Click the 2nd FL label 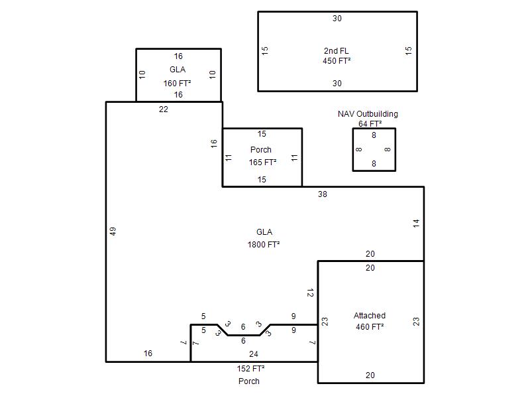(x=336, y=51)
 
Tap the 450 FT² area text (x=337, y=61)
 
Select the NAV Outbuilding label (x=368, y=114)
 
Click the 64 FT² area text (x=370, y=124)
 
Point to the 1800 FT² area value (x=264, y=244)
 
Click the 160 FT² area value (x=177, y=84)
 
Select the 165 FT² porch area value (x=262, y=163)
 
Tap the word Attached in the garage (x=370, y=316)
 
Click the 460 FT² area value (x=370, y=327)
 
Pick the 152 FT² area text (x=250, y=369)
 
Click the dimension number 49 (x=113, y=231)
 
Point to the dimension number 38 (x=323, y=194)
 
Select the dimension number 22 (x=164, y=109)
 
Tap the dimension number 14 (x=416, y=224)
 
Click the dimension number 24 (x=254, y=354)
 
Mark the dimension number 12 (x=310, y=293)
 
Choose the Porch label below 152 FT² (x=249, y=381)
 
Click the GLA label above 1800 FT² (x=264, y=232)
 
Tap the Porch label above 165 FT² (x=261, y=150)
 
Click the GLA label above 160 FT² (x=178, y=70)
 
